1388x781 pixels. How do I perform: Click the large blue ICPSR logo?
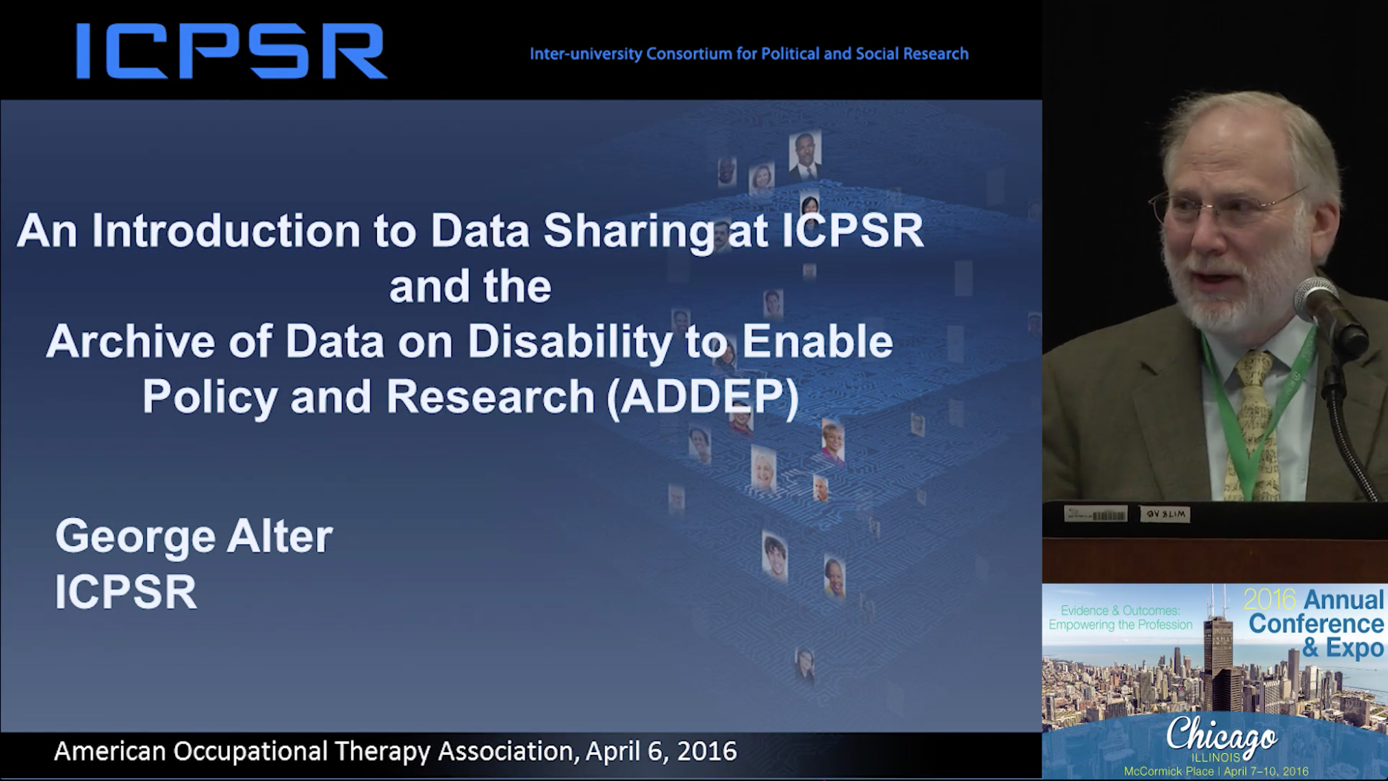[231, 51]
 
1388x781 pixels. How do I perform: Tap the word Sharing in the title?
[629, 231]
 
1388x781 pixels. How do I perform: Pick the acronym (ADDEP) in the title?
[703, 397]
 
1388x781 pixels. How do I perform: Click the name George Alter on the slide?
[194, 537]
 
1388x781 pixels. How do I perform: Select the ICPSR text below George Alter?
[126, 592]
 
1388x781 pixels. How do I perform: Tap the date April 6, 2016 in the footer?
[661, 751]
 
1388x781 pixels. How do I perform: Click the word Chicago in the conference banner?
[1221, 735]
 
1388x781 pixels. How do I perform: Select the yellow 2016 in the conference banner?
[1269, 599]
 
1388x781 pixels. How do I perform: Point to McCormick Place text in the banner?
[1168, 771]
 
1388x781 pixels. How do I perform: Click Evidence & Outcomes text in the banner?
[1120, 610]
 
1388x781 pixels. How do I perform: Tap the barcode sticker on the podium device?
[1096, 514]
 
